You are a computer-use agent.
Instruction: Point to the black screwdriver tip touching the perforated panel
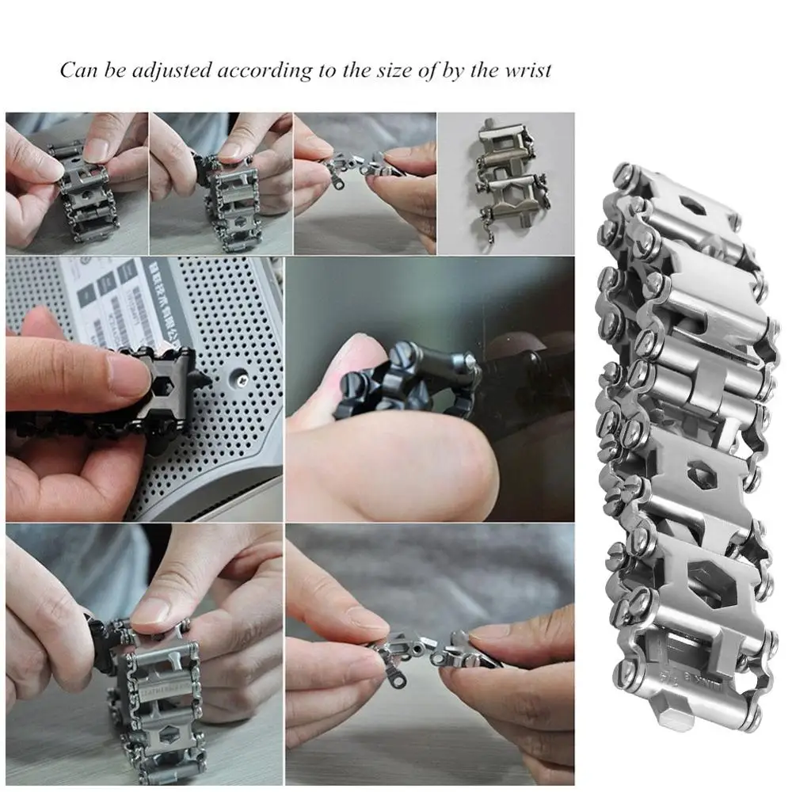(204, 381)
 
